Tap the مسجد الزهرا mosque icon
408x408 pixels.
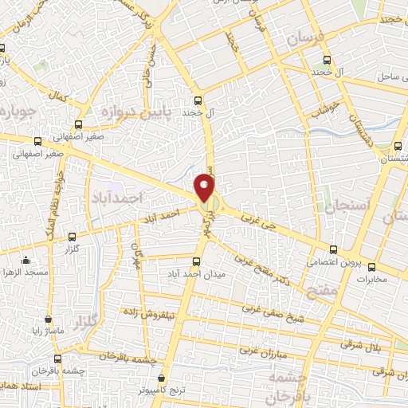tap(26, 259)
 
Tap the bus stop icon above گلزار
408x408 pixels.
tap(73, 237)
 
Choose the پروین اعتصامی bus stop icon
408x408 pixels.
tap(333, 249)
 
